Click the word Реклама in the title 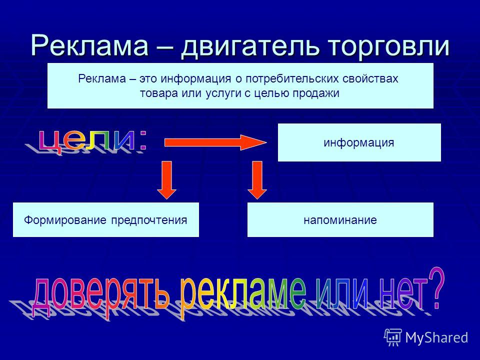89,46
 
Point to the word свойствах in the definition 370,79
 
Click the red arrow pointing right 215,142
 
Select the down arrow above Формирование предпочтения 167,180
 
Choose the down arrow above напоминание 257,180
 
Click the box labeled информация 359,142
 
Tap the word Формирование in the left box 65,220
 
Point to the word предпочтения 149,220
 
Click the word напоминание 340,220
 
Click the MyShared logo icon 393,337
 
